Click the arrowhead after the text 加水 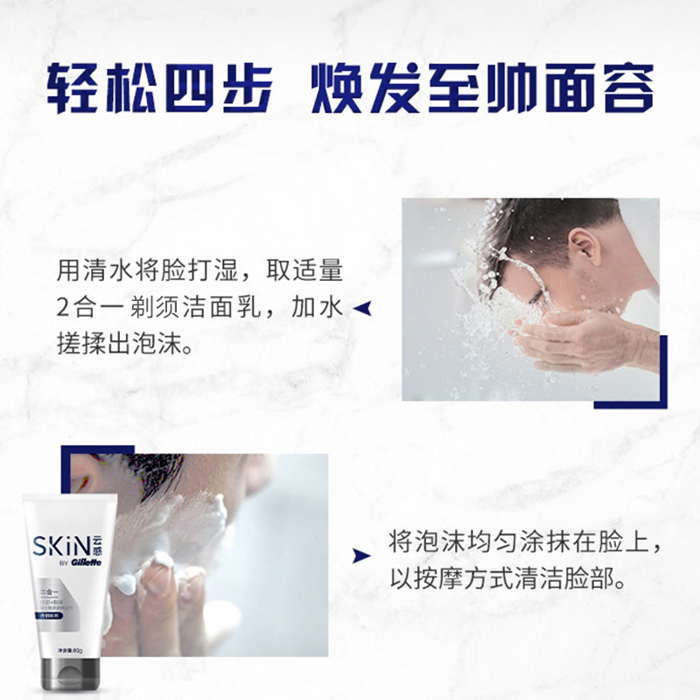click(360, 307)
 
